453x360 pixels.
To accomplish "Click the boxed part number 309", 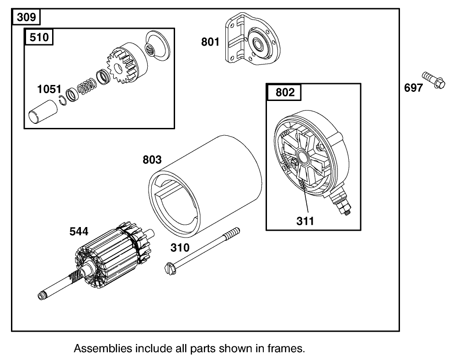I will click(26, 18).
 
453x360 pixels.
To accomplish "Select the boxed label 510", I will click(39, 37).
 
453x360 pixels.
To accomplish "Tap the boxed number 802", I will click(285, 92).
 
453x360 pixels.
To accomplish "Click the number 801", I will click(210, 42).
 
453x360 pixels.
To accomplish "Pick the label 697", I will click(413, 88).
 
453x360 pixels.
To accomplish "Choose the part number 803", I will click(152, 160).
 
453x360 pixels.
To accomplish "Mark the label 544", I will click(79, 232).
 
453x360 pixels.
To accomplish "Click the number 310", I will click(179, 248).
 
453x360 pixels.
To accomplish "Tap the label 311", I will click(305, 221).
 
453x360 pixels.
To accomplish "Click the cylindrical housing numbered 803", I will click(206, 183).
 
